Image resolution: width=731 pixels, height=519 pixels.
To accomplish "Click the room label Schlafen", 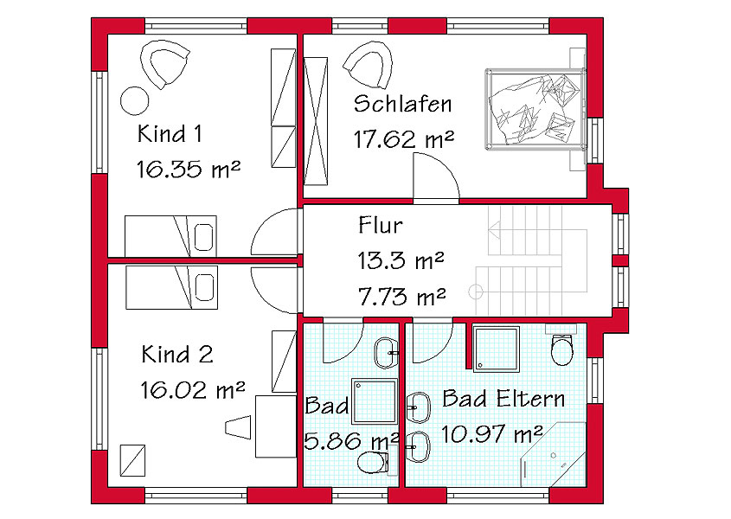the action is (403, 104).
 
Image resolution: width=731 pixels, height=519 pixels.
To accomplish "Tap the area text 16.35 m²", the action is (189, 169).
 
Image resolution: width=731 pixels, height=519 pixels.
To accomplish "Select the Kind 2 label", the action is (177, 354).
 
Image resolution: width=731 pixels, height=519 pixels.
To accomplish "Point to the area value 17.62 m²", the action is (404, 139).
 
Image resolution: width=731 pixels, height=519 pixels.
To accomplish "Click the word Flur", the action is (381, 225).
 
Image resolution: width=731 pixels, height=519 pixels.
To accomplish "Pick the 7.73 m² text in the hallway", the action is (402, 296).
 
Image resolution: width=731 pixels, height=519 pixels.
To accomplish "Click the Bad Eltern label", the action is (503, 399).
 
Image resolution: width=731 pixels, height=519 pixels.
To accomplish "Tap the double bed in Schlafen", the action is (535, 109).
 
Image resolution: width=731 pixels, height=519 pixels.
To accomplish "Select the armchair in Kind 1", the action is (164, 64).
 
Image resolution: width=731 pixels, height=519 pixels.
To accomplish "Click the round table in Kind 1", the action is (135, 100).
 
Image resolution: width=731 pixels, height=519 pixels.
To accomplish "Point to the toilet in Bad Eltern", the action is (561, 348).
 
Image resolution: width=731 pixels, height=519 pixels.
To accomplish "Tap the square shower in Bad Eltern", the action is (496, 349).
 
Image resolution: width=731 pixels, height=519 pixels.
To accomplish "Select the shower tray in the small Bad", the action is (375, 401).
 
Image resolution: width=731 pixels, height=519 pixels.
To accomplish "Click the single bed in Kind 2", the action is (171, 287).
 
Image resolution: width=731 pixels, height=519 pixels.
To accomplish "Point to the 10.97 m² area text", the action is (492, 434).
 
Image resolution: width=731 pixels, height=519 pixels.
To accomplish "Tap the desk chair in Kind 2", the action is (239, 426).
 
